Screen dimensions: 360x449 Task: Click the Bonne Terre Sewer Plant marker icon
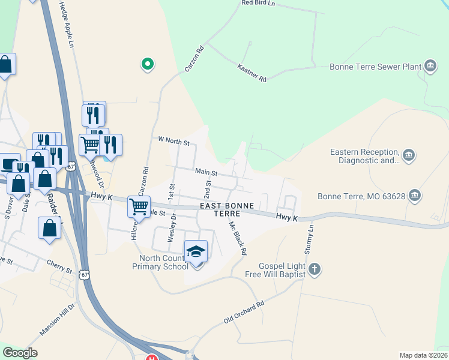[x=430, y=66]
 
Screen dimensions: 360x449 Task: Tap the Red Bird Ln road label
[x=258, y=3]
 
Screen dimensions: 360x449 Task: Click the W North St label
[x=173, y=142]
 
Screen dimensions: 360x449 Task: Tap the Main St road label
[x=205, y=172]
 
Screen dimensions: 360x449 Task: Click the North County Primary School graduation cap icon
[x=196, y=252]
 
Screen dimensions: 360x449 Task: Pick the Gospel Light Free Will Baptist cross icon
[x=315, y=269]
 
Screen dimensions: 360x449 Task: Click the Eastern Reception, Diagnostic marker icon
[x=409, y=156]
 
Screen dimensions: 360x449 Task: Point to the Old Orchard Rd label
[x=244, y=313]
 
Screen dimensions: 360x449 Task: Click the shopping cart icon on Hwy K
[x=139, y=206]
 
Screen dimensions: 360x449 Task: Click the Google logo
[x=20, y=353]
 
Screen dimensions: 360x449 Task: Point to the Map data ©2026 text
[x=424, y=355]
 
